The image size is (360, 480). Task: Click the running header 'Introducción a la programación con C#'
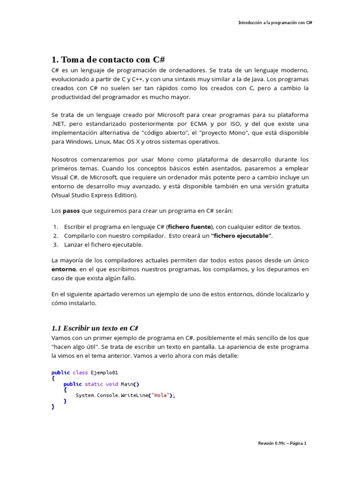[x=275, y=22]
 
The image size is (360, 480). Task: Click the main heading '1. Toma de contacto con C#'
[x=108, y=60]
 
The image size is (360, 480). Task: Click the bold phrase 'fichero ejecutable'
[x=241, y=236]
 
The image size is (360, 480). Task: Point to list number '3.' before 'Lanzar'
[x=55, y=245]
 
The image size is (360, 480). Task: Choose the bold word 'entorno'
[x=63, y=270]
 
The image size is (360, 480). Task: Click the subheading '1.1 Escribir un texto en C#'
[x=95, y=328]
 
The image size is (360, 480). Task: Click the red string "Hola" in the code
[x=160, y=395]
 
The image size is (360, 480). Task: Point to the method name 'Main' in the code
[x=127, y=384]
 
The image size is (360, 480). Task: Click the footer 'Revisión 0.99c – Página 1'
[x=282, y=443]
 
